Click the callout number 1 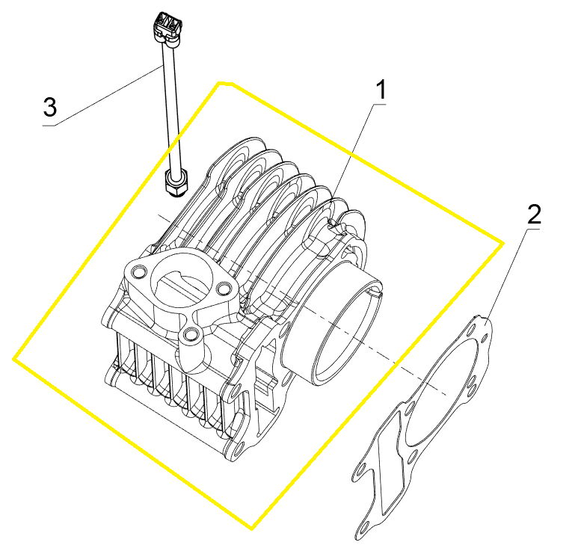(381, 90)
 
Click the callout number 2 (534, 215)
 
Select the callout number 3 (50, 107)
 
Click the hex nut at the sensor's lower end (176, 182)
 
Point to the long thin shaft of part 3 (171, 107)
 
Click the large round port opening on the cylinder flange (182, 281)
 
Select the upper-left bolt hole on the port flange (138, 272)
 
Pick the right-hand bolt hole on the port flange (224, 288)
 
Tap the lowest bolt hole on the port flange (191, 334)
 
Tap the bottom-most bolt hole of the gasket (364, 527)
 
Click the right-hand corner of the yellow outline (502, 244)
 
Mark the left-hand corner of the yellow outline (14, 358)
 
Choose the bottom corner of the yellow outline (251, 528)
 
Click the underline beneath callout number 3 (49, 126)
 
